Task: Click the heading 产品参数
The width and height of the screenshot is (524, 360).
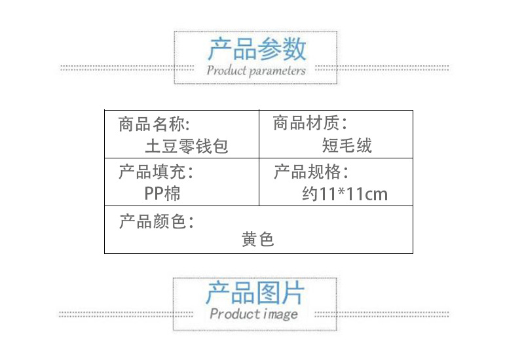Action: point(257,49)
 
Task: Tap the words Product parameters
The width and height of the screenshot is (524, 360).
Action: point(256,70)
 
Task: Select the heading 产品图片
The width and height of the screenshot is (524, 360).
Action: point(255,293)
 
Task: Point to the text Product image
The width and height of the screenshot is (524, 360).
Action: point(254,314)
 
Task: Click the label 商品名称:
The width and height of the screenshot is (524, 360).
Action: point(155,123)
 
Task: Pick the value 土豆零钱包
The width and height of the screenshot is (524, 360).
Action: point(187,146)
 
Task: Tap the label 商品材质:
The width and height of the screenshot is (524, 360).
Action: point(310,122)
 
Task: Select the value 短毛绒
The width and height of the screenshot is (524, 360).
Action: point(347,145)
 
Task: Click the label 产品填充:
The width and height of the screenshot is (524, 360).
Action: point(157,172)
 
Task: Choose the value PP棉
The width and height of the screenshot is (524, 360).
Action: point(162,194)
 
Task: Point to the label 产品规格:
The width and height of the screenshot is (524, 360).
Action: point(310,172)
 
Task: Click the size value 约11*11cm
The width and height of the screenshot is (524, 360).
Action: point(345,194)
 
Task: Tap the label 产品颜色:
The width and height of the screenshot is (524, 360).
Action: point(157,221)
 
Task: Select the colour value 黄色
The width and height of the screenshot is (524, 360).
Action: point(257,240)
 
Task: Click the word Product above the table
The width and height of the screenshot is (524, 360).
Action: point(226,70)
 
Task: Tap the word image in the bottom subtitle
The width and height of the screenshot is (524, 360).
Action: point(281,315)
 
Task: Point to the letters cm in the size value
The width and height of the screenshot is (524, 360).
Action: point(377,194)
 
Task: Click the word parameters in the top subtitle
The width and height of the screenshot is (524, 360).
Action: point(277,71)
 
